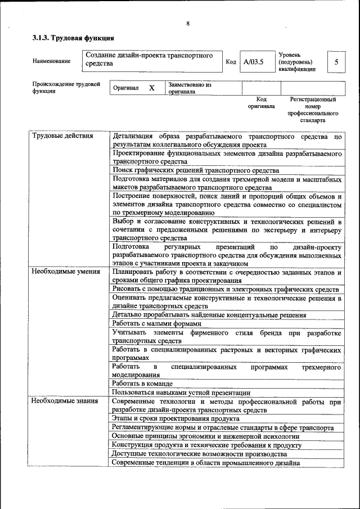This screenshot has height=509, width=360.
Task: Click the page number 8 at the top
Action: pyautogui.click(x=188, y=23)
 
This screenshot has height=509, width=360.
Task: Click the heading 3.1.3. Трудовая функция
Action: pyautogui.click(x=73, y=38)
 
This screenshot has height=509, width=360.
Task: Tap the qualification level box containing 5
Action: pyautogui.click(x=336, y=62)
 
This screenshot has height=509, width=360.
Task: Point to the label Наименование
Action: pyautogui.click(x=51, y=61)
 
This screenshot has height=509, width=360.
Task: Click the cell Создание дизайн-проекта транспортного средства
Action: pyautogui.click(x=152, y=60)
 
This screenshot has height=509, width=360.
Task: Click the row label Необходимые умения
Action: pyautogui.click(x=66, y=272)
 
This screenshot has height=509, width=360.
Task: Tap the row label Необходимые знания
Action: pyautogui.click(x=65, y=401)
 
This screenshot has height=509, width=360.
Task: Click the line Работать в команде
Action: pyautogui.click(x=142, y=383)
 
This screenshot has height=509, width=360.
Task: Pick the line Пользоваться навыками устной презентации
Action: pyautogui.click(x=181, y=393)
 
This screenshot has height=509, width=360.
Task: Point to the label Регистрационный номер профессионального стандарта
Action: pyautogui.click(x=313, y=110)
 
